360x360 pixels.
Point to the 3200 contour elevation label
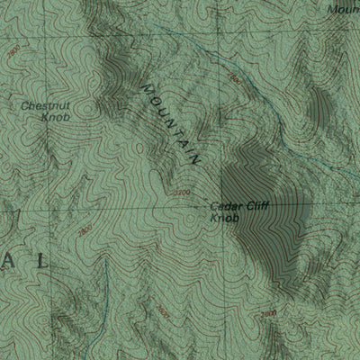point(183,193)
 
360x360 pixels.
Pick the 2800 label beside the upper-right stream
point(234,78)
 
